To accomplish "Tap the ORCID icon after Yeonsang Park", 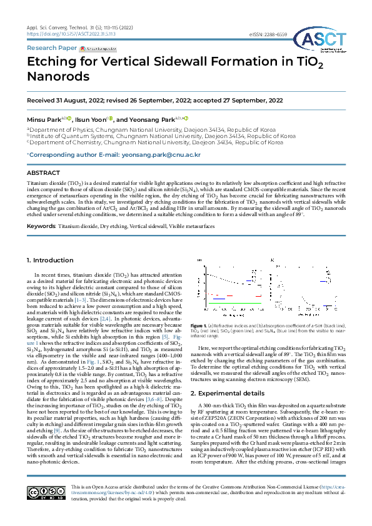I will (x=186, y=118).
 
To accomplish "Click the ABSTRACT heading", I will (x=43, y=172).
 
